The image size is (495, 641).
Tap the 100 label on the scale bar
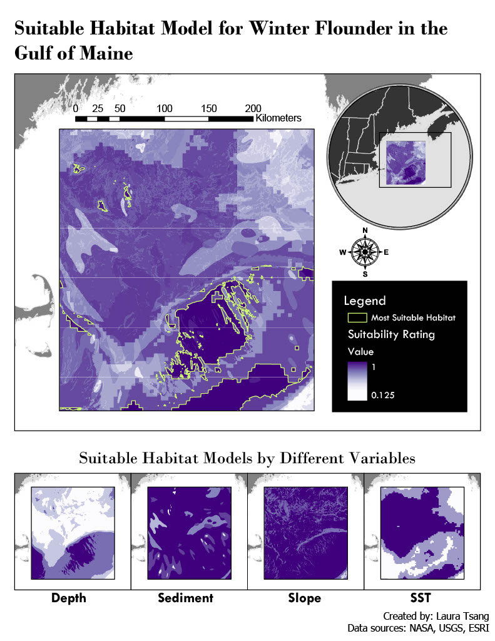165,108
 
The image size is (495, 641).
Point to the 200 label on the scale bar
253,108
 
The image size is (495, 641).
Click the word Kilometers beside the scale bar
278,118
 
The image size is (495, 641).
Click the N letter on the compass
365,230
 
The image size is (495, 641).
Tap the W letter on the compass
342,253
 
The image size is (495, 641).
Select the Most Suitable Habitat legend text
413,318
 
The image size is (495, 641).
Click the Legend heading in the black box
365,300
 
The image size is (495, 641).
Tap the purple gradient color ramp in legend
357,381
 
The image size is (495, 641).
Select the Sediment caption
185,598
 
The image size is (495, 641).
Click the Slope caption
305,598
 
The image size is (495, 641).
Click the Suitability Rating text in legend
391,334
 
